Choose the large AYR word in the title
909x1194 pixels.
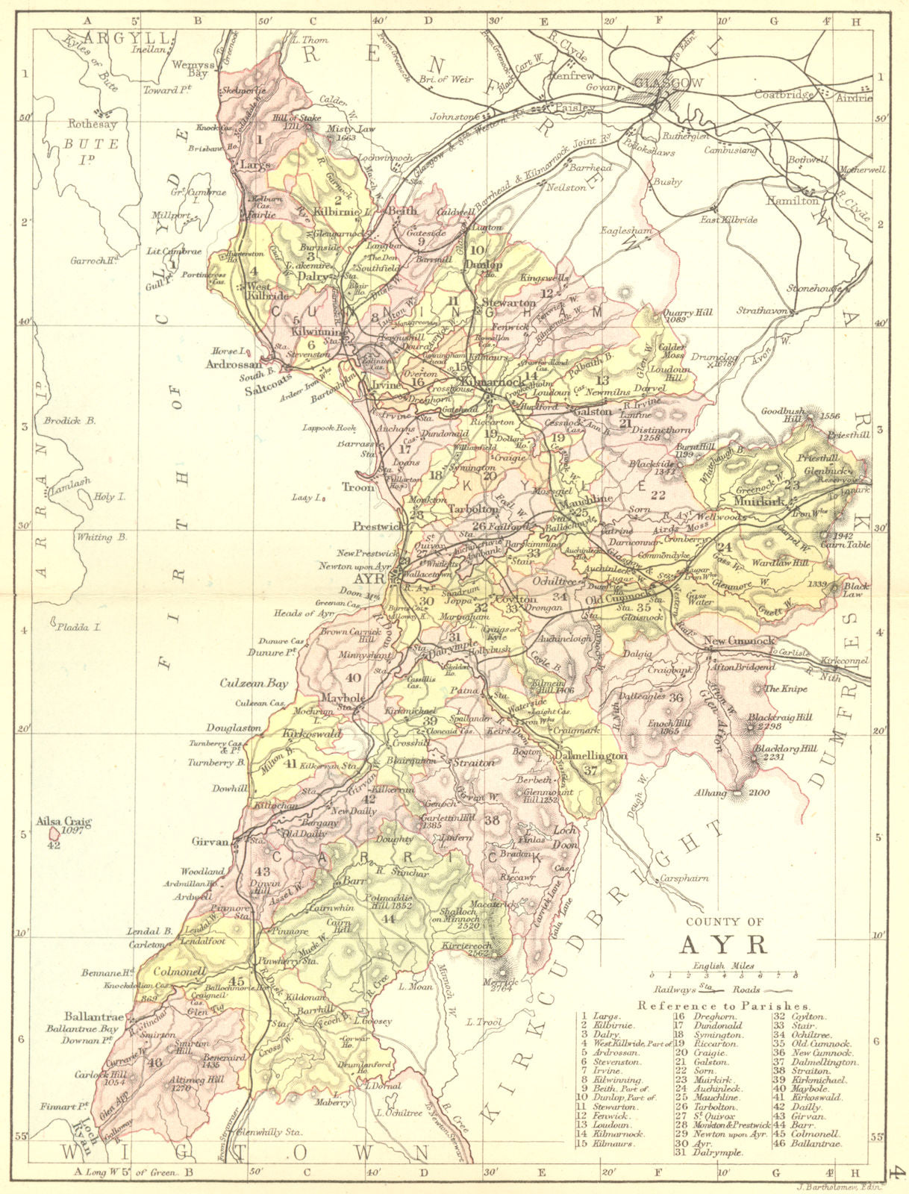tap(723, 944)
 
